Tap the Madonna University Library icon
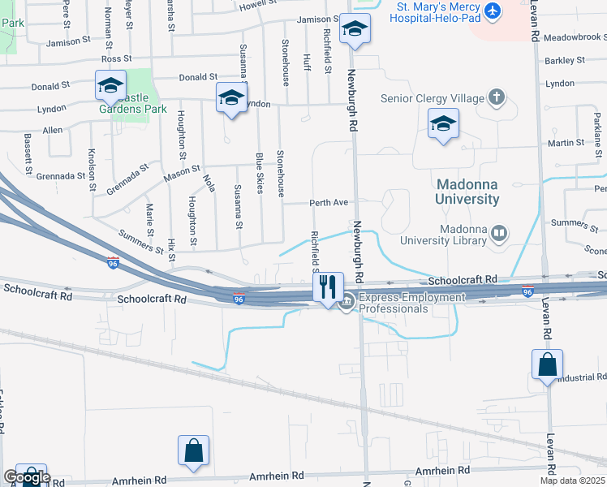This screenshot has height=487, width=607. point(499,235)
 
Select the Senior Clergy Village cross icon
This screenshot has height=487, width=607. point(497,99)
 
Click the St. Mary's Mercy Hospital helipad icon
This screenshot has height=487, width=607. point(492,12)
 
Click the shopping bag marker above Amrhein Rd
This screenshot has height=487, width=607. point(193,450)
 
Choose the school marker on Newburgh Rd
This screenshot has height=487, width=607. point(354,29)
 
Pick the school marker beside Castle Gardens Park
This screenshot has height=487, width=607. point(110,84)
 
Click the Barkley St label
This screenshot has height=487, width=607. point(565,60)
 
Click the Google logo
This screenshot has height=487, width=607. point(26,477)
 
